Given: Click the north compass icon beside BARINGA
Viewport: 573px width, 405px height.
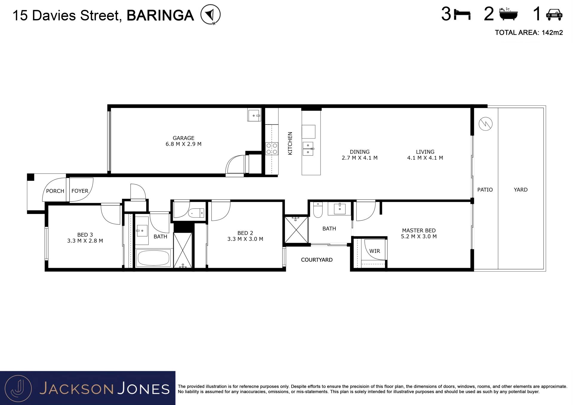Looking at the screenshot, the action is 210,14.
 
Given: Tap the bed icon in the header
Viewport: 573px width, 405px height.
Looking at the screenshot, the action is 462,15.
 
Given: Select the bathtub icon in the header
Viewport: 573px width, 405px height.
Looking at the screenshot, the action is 508,14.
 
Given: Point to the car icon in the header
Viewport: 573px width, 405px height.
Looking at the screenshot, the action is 554,15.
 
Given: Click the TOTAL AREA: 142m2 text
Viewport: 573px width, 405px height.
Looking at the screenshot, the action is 529,33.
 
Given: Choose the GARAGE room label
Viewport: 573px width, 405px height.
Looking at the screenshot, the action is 184,138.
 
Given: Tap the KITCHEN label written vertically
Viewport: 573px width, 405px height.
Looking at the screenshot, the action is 290,143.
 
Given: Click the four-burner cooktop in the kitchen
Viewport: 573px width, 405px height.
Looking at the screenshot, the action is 272,149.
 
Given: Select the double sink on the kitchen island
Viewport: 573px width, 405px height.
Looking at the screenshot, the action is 308,149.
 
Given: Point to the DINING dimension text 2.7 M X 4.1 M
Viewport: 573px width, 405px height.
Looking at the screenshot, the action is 360,158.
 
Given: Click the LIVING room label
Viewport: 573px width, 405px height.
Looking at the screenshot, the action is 425,152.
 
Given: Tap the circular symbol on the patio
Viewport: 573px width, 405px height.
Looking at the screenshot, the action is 486,124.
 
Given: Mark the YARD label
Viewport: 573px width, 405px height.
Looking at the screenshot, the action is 521,190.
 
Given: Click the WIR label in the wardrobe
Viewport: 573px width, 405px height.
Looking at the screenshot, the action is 375,251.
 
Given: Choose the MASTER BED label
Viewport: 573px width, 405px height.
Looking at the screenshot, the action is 419,230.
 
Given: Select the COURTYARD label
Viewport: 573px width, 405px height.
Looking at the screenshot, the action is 317,260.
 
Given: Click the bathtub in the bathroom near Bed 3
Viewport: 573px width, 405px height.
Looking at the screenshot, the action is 153,258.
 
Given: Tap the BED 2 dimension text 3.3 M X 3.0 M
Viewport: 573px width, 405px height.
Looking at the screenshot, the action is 245,239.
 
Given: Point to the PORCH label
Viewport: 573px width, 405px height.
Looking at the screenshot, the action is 55,191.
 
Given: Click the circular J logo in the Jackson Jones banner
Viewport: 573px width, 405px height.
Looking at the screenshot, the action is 19,388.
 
